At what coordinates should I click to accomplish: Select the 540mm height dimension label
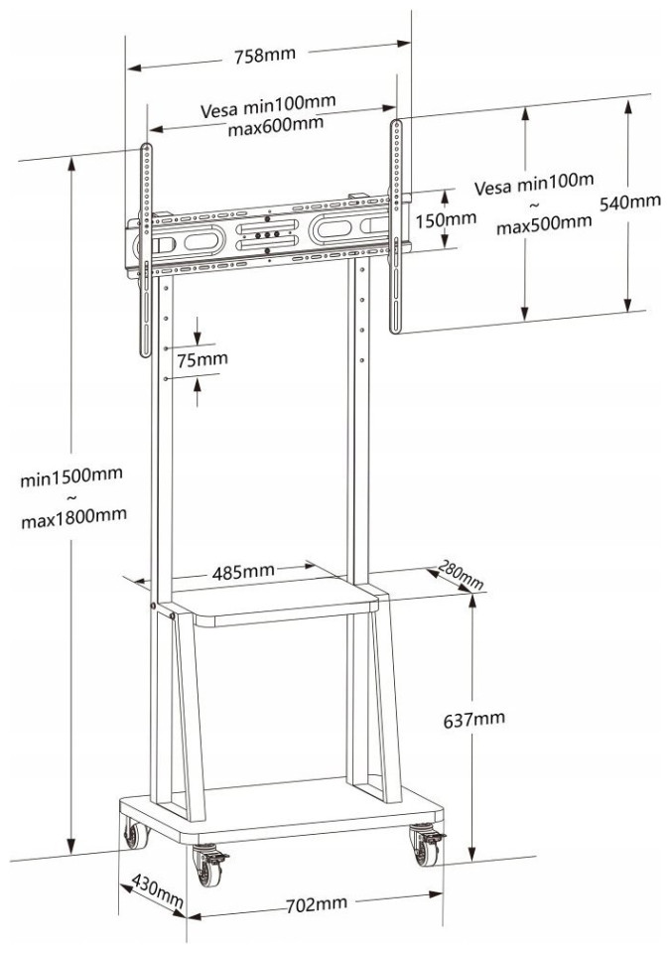[630, 202]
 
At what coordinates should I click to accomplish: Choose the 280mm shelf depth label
[459, 577]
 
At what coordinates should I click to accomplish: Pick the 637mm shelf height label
[473, 717]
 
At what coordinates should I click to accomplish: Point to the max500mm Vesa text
[544, 222]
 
